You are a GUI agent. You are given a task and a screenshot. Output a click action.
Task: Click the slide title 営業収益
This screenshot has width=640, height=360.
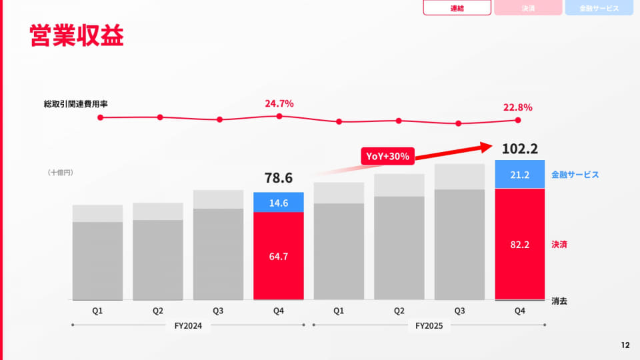[77, 35]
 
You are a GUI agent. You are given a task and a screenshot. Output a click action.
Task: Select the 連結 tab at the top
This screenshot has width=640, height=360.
[457, 8]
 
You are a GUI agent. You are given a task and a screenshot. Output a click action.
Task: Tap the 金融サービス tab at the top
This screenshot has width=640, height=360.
[599, 8]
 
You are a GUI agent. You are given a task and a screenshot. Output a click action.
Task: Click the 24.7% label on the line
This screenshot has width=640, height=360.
[279, 104]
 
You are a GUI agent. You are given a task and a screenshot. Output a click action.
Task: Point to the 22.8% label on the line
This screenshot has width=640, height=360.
[517, 107]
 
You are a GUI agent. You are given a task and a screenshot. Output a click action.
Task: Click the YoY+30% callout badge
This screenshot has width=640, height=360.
[387, 156]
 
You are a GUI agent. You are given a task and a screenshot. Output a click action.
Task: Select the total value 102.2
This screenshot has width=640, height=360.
[519, 149]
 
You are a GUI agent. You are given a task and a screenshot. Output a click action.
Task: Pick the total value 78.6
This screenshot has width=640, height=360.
[279, 178]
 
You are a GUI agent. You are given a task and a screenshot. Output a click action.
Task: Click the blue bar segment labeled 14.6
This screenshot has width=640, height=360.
[279, 202]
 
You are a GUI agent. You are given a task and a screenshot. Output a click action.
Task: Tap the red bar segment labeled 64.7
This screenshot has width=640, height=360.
[279, 256]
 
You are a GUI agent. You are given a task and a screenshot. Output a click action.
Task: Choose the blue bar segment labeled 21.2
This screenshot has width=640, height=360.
[519, 174]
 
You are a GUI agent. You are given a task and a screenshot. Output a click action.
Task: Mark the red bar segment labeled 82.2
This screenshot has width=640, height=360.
[519, 244]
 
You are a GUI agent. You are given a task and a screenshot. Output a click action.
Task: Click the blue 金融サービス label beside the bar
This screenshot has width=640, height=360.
[575, 175]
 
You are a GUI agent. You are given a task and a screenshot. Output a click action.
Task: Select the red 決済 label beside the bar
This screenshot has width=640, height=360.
[559, 245]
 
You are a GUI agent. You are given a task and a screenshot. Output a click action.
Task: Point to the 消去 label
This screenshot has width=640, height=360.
[559, 301]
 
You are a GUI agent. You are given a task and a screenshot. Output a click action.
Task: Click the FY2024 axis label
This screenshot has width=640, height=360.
[188, 326]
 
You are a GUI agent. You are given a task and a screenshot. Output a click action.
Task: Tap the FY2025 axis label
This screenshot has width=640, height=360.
[429, 326]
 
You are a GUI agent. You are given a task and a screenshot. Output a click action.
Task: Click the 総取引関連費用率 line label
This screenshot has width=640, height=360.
[75, 104]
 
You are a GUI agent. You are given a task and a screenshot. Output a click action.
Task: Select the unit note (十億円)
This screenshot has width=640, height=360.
[61, 173]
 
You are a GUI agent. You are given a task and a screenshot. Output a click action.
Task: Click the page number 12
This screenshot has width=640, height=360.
[625, 345]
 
